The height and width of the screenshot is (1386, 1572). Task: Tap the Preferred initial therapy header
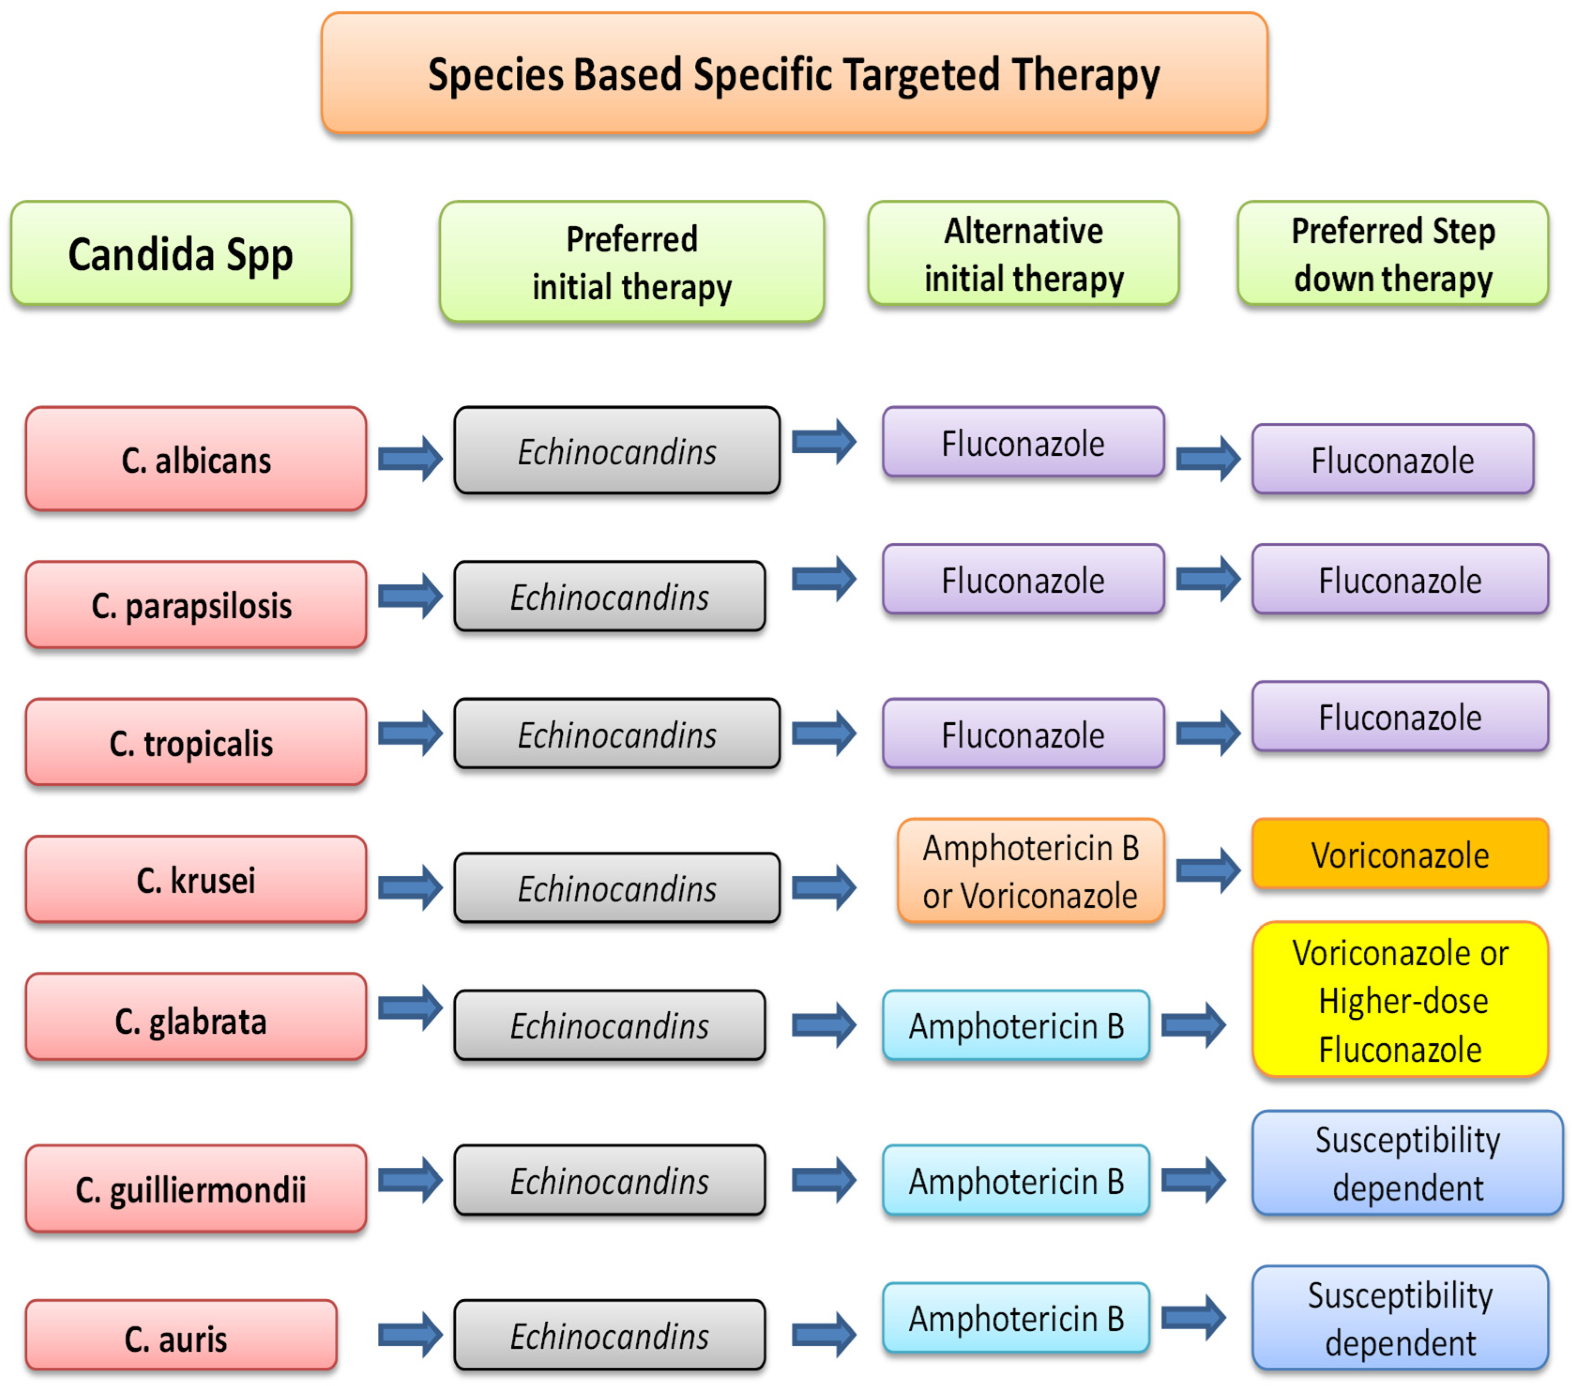point(631,262)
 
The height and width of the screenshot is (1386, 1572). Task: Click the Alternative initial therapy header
point(1023,254)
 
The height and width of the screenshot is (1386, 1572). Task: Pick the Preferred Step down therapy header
point(1392,254)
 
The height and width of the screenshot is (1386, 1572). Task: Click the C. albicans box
point(196,459)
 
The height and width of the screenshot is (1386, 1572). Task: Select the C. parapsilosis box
point(196,605)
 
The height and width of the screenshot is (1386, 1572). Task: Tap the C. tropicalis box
point(196,742)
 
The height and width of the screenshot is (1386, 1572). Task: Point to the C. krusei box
point(196,879)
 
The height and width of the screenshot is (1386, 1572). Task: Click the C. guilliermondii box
point(196,1189)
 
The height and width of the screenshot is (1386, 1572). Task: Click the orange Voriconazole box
point(1400,854)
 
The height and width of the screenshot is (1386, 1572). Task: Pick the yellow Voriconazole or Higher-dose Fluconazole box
point(1400,1000)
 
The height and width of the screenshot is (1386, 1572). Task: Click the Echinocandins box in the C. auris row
point(609,1336)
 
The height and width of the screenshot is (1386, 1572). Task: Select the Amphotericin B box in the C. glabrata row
point(1016,1025)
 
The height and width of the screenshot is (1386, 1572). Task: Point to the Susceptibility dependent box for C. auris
point(1400,1318)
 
